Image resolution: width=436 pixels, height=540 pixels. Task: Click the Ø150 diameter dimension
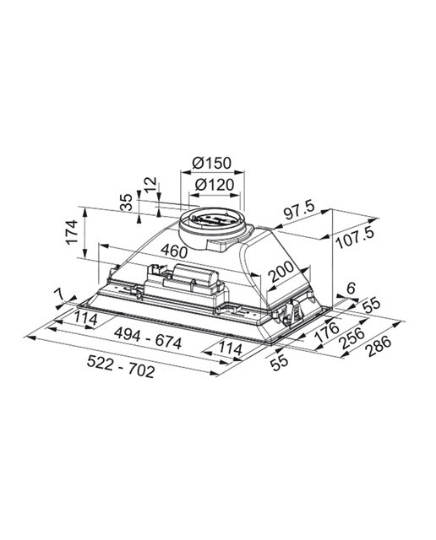point(211,163)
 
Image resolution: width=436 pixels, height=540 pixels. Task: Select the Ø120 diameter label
point(215,185)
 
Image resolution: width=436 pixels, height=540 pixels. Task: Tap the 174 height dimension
point(72,232)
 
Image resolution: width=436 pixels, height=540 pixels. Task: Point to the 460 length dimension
point(174,251)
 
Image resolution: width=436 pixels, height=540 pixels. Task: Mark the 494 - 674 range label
point(148,338)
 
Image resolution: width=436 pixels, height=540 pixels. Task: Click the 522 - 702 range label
point(120,366)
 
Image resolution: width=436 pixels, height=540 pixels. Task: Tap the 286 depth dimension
point(379,346)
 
